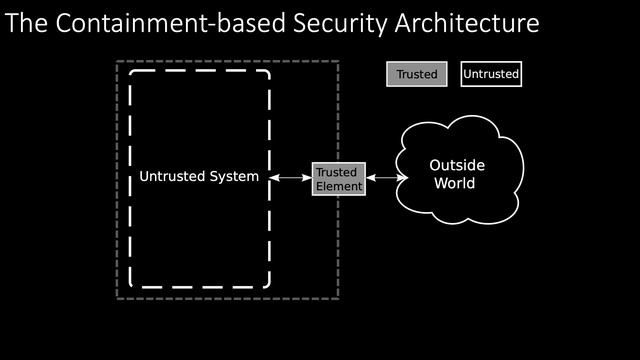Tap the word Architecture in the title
457,22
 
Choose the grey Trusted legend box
416,74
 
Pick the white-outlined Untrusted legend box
491,74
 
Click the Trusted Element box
338,179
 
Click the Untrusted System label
199,177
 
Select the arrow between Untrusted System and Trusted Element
291,178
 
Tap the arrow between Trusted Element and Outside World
386,178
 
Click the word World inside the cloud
454,184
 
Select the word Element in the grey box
338,186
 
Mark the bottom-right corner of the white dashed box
269,286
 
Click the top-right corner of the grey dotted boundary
339,62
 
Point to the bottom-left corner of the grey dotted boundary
117,299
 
